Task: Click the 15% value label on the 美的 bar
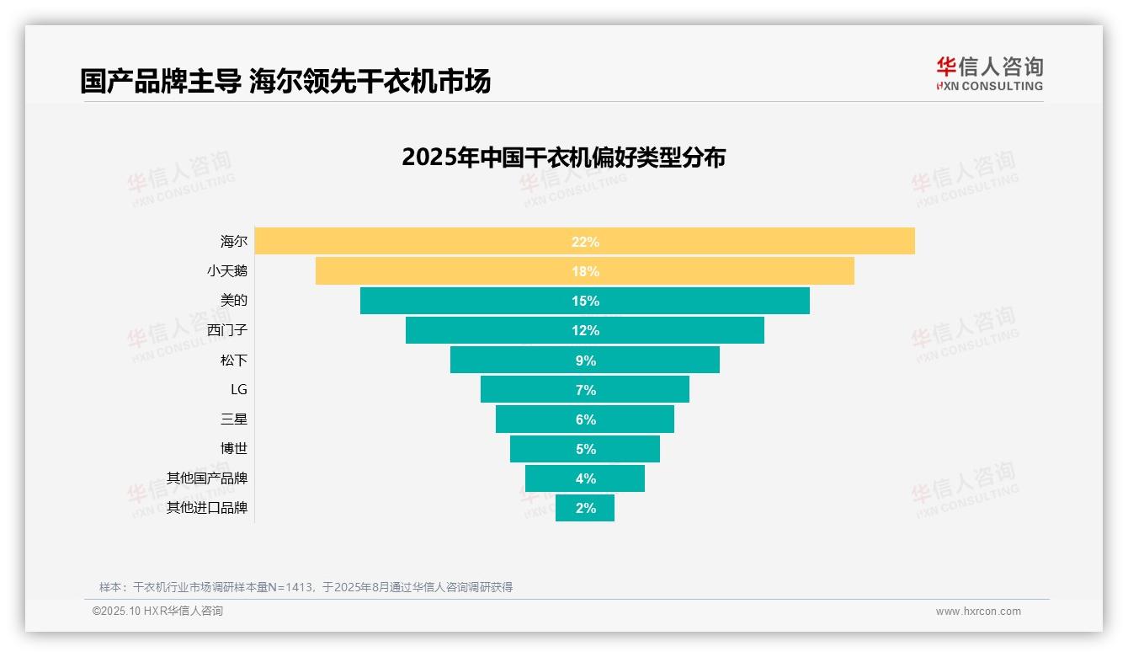coord(585,301)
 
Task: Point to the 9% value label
coord(585,361)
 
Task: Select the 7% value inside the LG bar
coord(585,390)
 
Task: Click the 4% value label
coord(585,478)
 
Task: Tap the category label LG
coord(238,389)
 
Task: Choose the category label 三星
coord(234,419)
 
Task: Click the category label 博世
coord(234,448)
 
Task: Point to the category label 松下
coord(234,360)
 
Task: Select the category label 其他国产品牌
coord(207,478)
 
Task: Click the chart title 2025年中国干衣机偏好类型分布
coord(563,158)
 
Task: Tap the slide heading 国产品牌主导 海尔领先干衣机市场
coord(285,81)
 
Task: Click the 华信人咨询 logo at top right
coord(989,73)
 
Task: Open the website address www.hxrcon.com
coord(978,612)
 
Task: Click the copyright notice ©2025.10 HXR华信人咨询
coord(157,612)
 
